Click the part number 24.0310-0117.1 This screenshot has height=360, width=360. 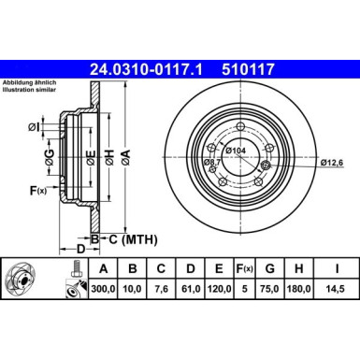(149, 68)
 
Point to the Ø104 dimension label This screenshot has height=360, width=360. (236, 150)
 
